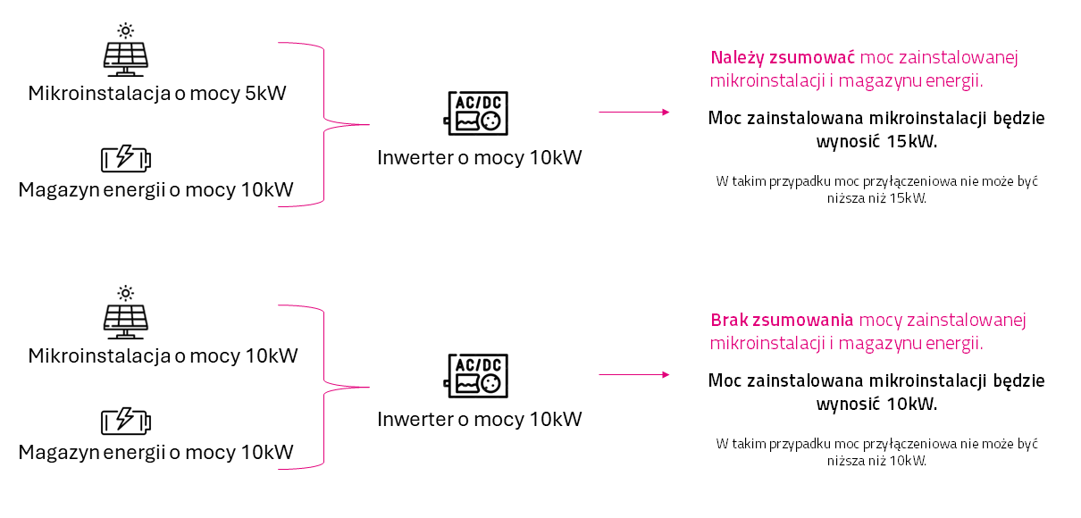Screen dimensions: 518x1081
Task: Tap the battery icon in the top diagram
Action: point(126,159)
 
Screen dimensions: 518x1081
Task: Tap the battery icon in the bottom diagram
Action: point(126,421)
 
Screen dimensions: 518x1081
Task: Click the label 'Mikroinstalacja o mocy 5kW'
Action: point(157,93)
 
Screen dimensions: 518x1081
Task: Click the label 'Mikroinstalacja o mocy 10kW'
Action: point(163,355)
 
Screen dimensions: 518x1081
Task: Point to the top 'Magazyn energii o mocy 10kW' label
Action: point(155,189)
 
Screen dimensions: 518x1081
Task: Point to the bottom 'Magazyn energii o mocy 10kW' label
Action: point(155,452)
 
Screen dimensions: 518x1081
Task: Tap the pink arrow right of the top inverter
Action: point(633,112)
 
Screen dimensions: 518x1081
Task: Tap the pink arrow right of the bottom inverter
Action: point(633,375)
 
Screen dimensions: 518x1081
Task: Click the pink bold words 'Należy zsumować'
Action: point(783,58)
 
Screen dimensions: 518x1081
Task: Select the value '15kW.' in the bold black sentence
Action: point(913,141)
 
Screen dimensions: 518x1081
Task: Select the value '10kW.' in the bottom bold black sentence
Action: point(913,404)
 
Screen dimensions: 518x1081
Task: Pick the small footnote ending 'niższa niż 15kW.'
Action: point(876,189)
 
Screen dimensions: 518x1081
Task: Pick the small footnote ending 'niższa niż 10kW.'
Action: point(876,452)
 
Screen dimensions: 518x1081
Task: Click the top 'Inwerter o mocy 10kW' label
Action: point(479,158)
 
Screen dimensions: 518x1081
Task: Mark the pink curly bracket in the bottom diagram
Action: point(324,386)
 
